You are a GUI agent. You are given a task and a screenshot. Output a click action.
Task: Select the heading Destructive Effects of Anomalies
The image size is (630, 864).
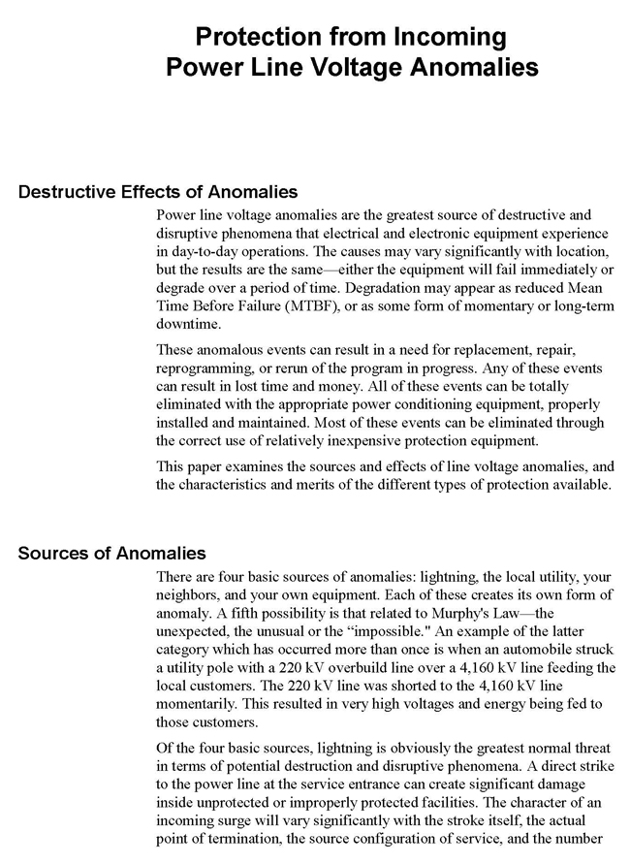click(x=158, y=191)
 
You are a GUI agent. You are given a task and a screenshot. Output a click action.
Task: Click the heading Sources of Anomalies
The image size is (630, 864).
click(x=112, y=554)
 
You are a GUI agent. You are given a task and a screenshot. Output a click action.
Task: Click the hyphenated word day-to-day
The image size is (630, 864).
click(x=199, y=251)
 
